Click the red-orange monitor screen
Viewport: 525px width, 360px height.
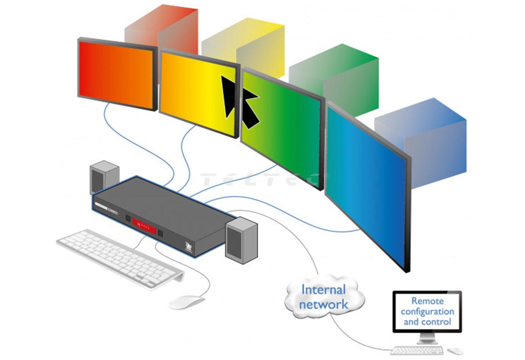[116, 74]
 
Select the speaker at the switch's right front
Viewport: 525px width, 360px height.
[241, 240]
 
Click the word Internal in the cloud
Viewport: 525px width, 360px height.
[323, 290]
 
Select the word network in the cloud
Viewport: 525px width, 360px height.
[323, 304]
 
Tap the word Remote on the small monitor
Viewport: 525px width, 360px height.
[427, 301]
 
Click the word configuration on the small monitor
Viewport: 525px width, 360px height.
[427, 311]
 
